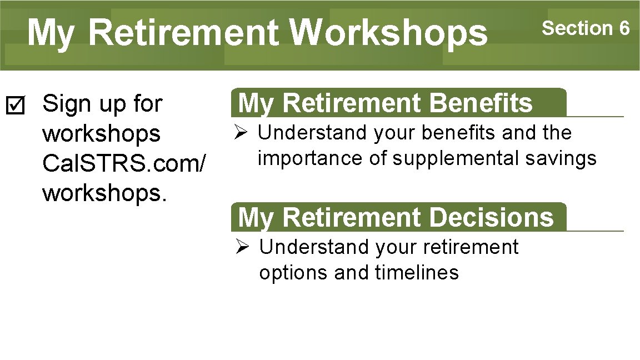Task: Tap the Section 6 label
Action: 586,28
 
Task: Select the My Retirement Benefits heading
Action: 385,103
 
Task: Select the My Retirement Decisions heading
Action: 396,217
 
